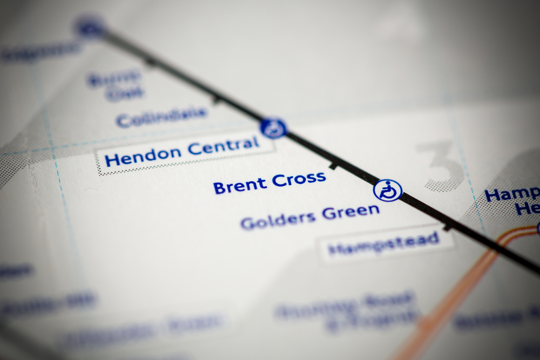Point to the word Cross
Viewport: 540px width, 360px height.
tap(299, 179)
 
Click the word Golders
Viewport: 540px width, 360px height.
tap(278, 219)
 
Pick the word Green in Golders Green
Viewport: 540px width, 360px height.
tap(350, 212)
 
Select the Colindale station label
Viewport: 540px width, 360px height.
tap(161, 117)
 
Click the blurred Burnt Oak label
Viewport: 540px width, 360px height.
tap(116, 85)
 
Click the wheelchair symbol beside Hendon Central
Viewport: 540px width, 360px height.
tap(273, 128)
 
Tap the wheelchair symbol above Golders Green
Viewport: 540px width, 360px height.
tap(388, 191)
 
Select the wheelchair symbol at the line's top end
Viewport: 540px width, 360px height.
tap(89, 26)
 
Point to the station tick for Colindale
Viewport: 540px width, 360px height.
tap(216, 100)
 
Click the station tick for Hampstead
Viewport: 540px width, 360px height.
tap(448, 228)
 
